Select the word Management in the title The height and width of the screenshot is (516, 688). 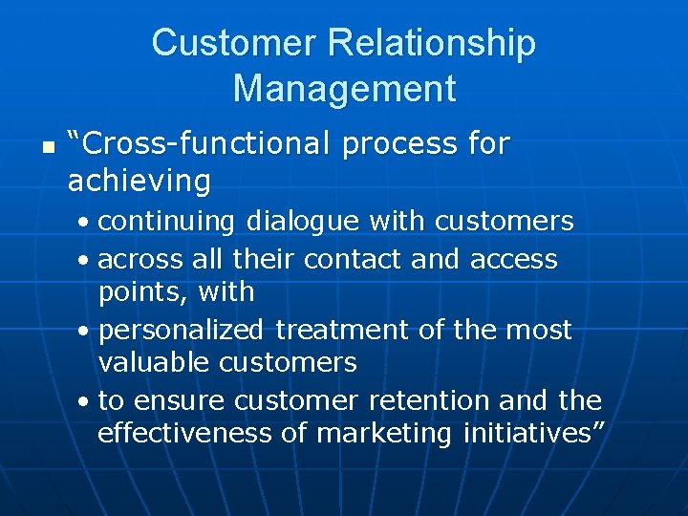pyautogui.click(x=344, y=89)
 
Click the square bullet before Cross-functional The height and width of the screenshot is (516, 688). pyautogui.click(x=35, y=149)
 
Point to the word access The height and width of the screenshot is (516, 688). pyautogui.click(x=513, y=259)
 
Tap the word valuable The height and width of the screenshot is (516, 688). pyautogui.click(x=154, y=363)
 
